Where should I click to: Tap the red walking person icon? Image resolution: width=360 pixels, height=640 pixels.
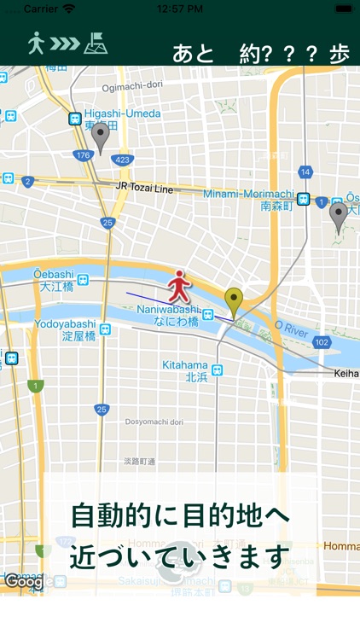178,284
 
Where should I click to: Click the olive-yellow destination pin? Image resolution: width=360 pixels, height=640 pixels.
233,301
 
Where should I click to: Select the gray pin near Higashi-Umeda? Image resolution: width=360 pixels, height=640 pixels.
101,137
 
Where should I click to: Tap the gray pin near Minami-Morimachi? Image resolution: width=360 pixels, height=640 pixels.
339,216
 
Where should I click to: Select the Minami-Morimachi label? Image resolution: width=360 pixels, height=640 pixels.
248,195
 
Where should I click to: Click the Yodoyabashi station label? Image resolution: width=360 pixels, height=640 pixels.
65,324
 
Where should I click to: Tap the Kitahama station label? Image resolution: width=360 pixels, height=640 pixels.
184,365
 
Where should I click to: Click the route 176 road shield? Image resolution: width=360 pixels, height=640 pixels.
83,155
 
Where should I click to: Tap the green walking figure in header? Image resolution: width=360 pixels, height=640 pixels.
36,44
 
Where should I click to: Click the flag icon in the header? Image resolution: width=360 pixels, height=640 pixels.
96,43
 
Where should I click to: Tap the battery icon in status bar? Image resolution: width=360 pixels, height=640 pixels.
343,9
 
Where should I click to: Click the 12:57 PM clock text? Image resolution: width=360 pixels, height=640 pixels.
179,9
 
